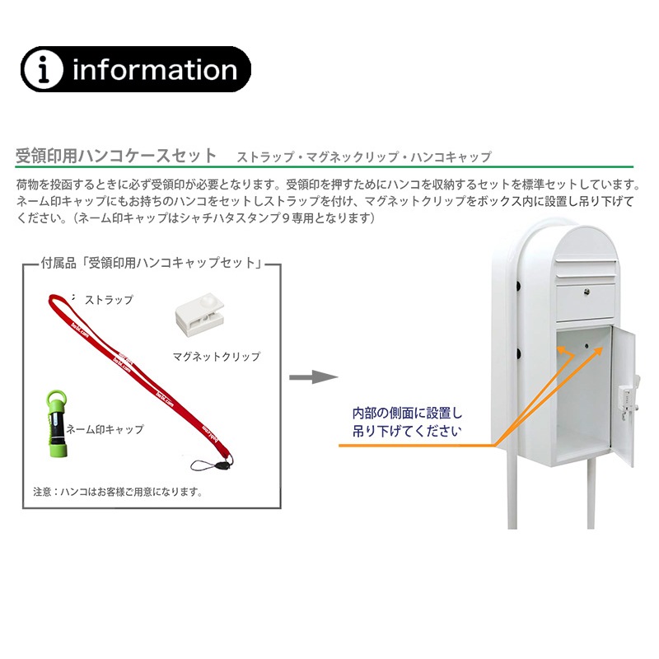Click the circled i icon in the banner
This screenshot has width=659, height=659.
click(x=43, y=69)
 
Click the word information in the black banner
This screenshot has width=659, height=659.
click(x=155, y=70)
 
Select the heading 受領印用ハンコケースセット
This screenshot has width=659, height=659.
click(x=116, y=156)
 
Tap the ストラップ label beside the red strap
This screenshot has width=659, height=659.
click(x=109, y=300)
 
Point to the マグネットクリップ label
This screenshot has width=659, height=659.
click(x=217, y=357)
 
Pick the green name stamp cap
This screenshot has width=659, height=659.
click(x=58, y=424)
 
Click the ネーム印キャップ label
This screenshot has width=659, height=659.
click(x=105, y=429)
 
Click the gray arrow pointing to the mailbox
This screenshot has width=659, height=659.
click(x=314, y=377)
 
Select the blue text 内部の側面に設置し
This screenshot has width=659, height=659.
click(x=407, y=414)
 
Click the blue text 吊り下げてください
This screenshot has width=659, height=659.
click(x=407, y=431)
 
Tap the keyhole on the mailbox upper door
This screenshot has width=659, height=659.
click(x=587, y=292)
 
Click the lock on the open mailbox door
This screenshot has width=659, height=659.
click(x=627, y=401)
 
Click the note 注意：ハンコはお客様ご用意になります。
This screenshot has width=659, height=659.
click(x=118, y=491)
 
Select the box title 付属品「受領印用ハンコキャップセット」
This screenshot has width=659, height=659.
click(x=152, y=263)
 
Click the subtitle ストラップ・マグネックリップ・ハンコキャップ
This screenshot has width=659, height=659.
click(x=364, y=157)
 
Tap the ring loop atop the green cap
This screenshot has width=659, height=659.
click(x=57, y=398)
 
